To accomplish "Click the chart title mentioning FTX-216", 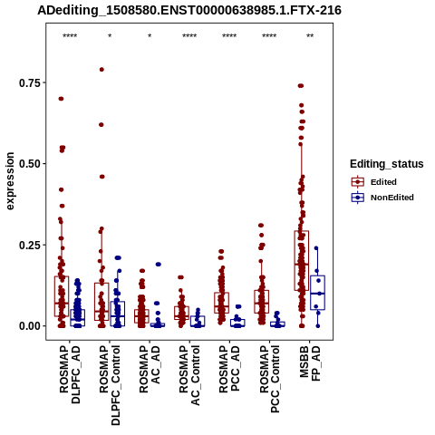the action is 189,11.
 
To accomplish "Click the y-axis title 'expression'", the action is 10,181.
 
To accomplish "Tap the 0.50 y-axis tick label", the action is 30,164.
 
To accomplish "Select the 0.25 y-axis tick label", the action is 30,245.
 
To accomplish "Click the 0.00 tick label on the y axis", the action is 30,326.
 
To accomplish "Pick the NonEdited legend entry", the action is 382,198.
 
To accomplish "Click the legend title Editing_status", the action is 387,164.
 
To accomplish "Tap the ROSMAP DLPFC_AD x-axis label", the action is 70,374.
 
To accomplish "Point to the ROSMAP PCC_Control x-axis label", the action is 270,380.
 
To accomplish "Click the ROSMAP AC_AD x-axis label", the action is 150,369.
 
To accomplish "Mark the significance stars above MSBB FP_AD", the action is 310,36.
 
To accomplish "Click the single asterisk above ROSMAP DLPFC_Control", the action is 110,36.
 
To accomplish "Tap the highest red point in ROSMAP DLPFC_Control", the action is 101,70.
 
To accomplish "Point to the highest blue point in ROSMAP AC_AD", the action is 158,265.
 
